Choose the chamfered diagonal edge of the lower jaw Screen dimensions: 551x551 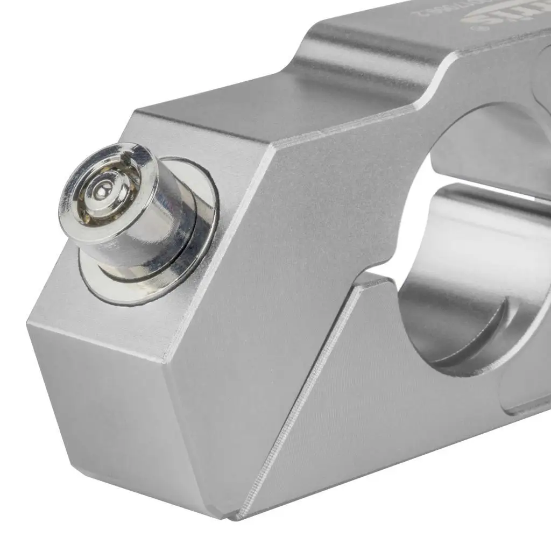[x=301, y=398]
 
